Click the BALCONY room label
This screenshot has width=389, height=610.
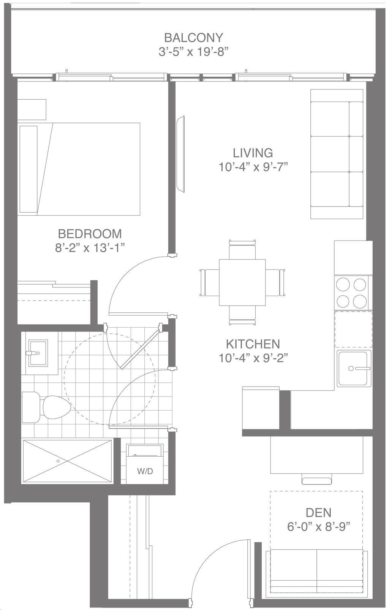click(193, 38)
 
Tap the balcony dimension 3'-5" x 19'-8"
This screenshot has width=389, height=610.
click(193, 51)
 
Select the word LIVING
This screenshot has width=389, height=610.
click(253, 153)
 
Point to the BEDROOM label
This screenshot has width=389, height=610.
click(90, 234)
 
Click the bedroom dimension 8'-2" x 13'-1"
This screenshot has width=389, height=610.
click(90, 248)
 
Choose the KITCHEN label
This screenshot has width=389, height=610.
click(253, 344)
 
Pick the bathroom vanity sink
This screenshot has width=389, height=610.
click(38, 353)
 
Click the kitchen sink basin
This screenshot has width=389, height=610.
click(353, 368)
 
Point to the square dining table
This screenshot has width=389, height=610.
click(242, 282)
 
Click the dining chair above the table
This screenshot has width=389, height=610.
click(242, 249)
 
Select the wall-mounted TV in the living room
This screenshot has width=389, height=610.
click(180, 154)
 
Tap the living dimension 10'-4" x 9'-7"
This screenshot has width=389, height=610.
click(253, 167)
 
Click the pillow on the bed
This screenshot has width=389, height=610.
click(28, 169)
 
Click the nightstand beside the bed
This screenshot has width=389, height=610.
click(32, 110)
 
